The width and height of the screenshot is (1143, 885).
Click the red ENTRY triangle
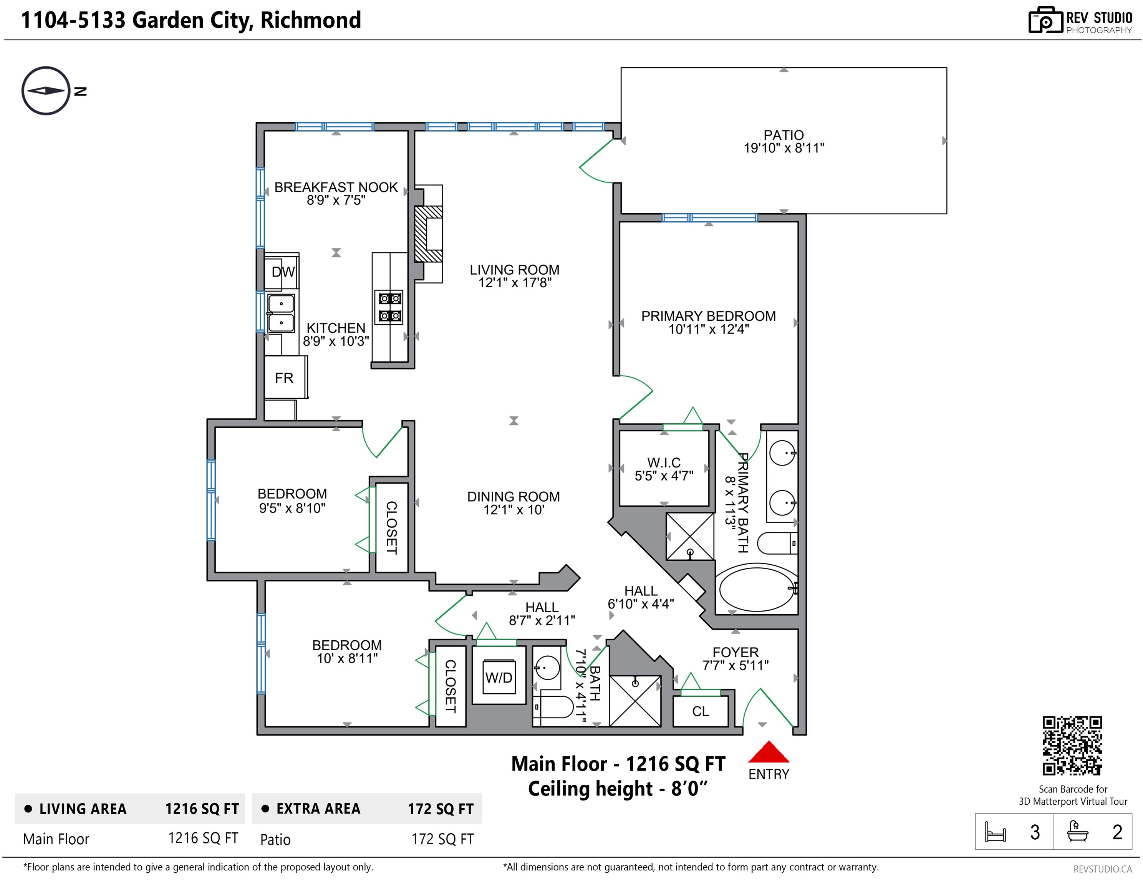(768, 752)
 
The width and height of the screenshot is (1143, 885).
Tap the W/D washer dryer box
(499, 677)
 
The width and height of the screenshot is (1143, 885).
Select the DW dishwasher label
(283, 272)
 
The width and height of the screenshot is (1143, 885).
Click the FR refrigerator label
(284, 378)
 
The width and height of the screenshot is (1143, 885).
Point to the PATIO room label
(784, 135)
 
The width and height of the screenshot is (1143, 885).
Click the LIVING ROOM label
(514, 270)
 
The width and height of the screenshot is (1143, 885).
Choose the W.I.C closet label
(664, 462)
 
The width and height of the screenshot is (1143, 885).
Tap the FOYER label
(735, 652)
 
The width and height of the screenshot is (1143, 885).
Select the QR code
(1072, 745)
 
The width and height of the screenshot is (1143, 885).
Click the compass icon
(46, 91)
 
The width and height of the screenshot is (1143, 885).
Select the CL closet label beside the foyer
(700, 711)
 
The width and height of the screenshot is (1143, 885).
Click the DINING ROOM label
(514, 497)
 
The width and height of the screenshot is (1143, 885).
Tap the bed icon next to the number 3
(995, 832)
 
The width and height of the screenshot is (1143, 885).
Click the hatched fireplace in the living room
(429, 234)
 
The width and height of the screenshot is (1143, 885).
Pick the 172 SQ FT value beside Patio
(442, 839)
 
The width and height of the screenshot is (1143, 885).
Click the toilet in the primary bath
(778, 543)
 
